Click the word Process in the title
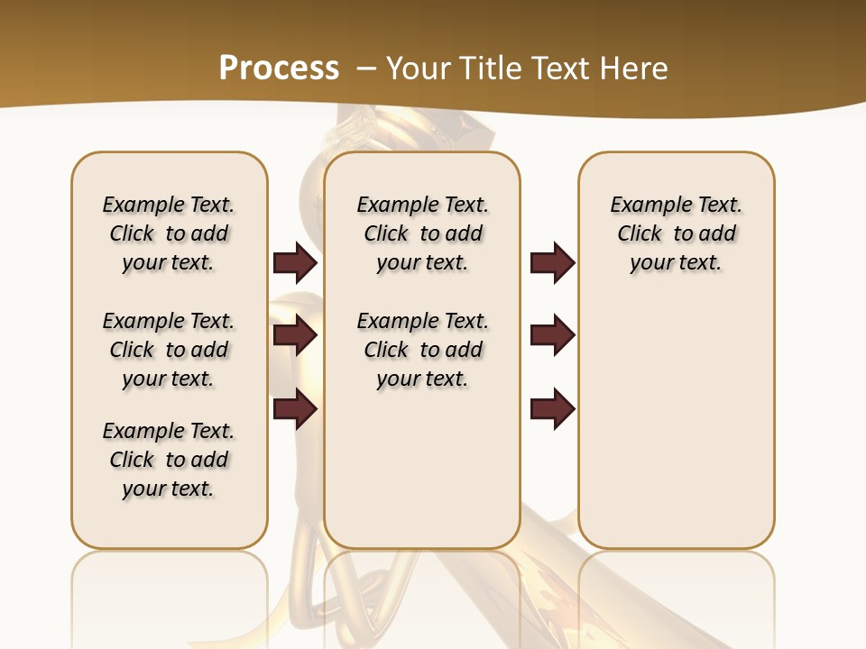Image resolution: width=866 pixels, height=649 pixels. (279, 69)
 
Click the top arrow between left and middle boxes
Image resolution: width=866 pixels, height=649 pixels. (295, 263)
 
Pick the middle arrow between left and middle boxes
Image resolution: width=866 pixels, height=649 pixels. (295, 336)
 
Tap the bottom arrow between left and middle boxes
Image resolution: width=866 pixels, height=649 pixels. (295, 410)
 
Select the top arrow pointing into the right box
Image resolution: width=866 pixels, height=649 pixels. (552, 263)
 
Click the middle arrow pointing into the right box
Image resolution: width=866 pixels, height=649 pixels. (552, 336)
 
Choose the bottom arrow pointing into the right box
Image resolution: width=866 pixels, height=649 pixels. (552, 410)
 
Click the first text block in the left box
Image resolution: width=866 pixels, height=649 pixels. (169, 233)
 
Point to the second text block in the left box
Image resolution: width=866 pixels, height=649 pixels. (169, 350)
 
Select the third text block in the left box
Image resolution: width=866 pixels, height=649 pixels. (169, 460)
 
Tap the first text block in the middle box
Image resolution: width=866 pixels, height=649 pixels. (422, 233)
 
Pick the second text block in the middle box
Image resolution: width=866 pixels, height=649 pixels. (422, 350)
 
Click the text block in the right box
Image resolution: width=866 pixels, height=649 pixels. (677, 233)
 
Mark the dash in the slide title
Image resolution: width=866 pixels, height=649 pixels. (366, 69)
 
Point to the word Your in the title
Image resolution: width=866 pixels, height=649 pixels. (416, 69)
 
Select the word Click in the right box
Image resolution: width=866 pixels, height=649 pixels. (640, 233)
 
